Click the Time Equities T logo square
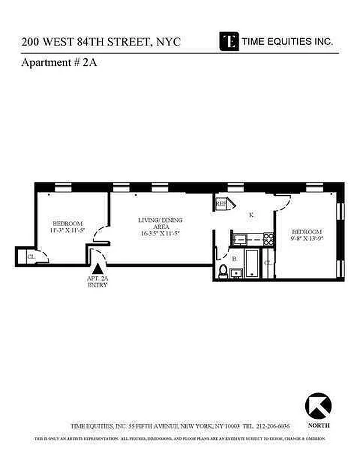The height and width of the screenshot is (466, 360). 230,41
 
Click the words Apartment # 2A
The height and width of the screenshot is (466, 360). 58,62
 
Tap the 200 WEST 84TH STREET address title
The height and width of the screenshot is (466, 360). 101,42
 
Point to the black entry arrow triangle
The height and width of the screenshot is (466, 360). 98,269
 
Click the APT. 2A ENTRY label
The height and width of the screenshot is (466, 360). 98,282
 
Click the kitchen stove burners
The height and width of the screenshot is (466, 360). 269,238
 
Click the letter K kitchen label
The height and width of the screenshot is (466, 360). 251,215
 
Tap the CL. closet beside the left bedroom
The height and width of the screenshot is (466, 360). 29,255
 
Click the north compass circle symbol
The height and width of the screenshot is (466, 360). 318,405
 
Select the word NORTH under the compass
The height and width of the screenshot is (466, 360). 318,425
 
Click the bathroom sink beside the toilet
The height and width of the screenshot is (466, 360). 236,272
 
